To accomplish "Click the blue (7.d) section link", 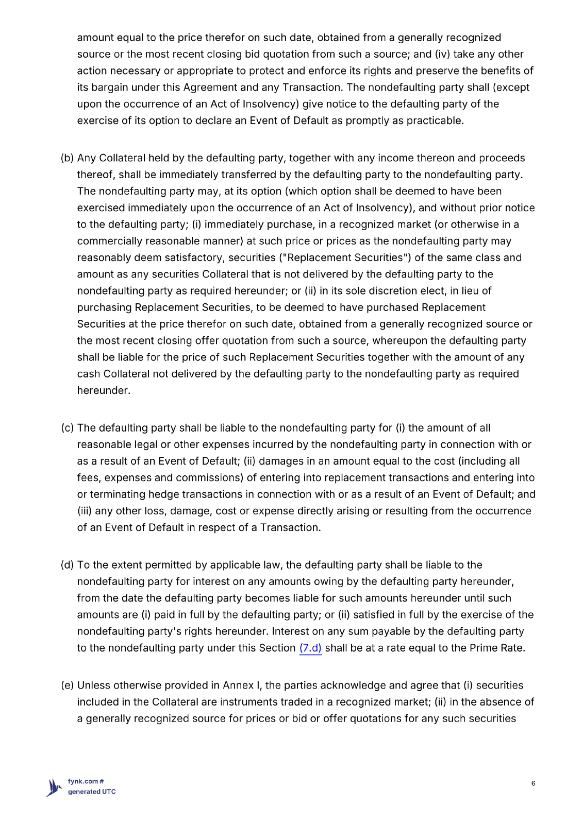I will click(x=310, y=648).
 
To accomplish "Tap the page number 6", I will click(x=533, y=783).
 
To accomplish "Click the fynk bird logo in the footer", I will click(x=55, y=787).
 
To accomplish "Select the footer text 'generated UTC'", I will click(x=92, y=792).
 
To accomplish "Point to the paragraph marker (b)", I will click(x=67, y=158).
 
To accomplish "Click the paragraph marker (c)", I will click(x=67, y=428).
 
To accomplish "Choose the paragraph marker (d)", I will click(x=67, y=565).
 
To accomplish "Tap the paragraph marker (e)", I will click(x=67, y=685).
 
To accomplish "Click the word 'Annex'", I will click(x=238, y=685).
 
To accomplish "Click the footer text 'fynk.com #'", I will click(x=86, y=781).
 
